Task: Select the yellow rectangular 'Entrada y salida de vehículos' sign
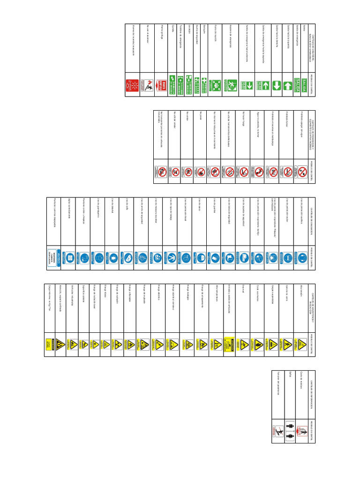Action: (x=228, y=344)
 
